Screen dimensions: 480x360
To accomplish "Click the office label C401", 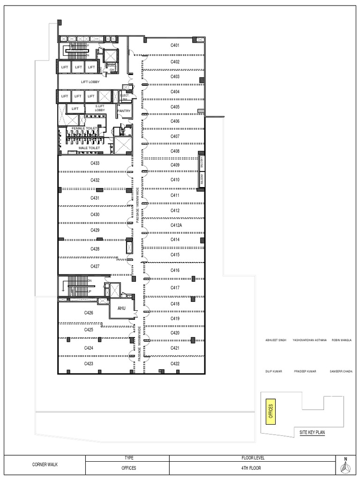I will tap(175, 45).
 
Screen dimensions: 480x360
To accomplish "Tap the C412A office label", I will tap(176, 225).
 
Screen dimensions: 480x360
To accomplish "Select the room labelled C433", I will tap(95, 163).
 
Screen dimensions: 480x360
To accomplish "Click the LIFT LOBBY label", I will tap(90, 82).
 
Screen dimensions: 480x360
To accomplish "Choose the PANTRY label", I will tap(124, 111).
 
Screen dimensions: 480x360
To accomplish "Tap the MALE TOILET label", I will tap(89, 148).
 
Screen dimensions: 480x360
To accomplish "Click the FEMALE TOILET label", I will tap(84, 128).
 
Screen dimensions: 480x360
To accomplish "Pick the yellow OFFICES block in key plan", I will tap(270, 412).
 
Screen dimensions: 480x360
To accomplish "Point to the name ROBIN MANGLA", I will tap(341, 340).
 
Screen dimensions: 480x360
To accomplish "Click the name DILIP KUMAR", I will tap(274, 371).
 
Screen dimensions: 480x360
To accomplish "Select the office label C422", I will tap(175, 364).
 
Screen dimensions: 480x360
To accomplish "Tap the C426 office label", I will tap(89, 313).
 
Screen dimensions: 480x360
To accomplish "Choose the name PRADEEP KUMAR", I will tap(305, 371).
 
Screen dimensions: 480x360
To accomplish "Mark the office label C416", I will tap(175, 270).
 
